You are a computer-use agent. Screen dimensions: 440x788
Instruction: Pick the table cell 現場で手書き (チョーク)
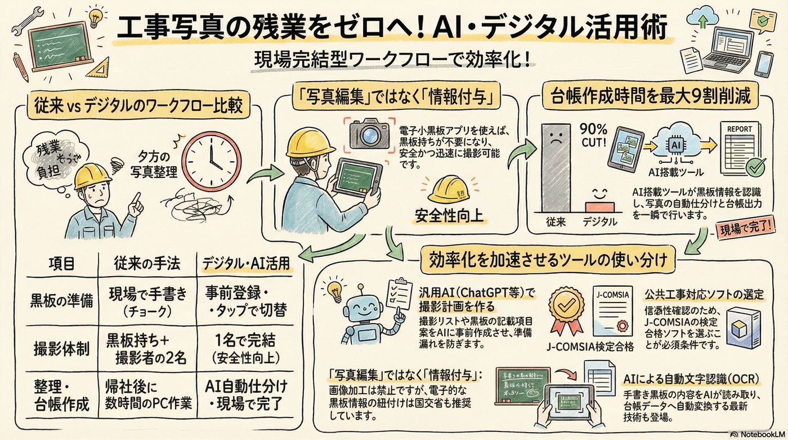147,301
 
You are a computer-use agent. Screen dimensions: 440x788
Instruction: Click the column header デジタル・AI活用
246,263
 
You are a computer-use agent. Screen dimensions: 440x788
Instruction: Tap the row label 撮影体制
60,349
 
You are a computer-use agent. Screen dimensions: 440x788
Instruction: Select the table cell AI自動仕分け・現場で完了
245,395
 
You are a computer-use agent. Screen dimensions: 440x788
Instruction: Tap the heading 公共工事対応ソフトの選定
706,294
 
